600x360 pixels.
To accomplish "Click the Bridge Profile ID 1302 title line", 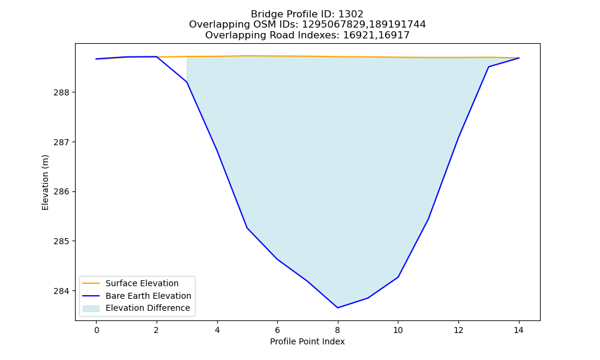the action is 307,14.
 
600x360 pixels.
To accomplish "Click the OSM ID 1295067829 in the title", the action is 334,25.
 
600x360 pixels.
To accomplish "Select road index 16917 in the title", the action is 394,35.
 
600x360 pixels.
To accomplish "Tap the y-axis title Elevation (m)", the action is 45,182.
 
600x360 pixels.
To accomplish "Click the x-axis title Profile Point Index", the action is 307,341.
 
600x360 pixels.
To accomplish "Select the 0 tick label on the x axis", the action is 97,330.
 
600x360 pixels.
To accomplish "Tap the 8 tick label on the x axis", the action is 337,330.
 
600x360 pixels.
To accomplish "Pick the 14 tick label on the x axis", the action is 518,330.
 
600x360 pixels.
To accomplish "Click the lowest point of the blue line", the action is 337,308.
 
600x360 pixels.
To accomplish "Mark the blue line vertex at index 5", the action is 247,228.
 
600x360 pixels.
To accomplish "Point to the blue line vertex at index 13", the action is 488,67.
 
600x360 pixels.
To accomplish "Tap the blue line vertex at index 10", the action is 398,277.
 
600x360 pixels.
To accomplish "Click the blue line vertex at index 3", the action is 187,82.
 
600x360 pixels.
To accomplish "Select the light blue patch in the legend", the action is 91,308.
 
